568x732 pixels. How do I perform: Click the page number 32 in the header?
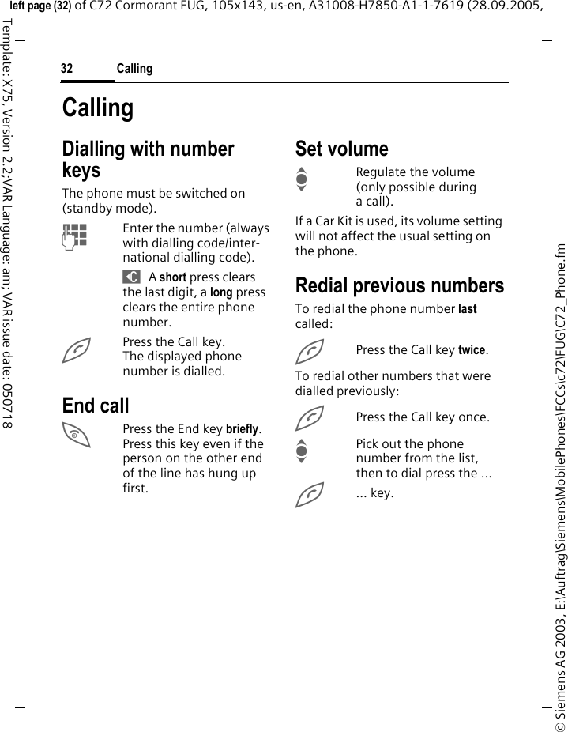(x=67, y=69)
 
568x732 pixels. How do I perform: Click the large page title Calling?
(x=98, y=108)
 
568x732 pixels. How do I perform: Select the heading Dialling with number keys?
(x=148, y=159)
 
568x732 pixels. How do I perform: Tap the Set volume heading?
(x=342, y=149)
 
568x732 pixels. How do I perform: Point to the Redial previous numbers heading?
(x=400, y=285)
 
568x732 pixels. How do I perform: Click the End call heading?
(x=96, y=406)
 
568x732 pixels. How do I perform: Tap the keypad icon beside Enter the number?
(x=76, y=233)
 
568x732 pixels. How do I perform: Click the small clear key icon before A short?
(x=131, y=277)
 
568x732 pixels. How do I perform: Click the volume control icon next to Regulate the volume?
(x=301, y=180)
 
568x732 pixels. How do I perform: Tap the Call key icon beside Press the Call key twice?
(x=310, y=349)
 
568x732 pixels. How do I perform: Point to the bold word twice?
(x=472, y=349)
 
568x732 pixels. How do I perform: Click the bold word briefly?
(x=243, y=429)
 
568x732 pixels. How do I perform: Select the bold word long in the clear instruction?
(x=221, y=292)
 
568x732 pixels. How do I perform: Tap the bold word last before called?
(x=468, y=309)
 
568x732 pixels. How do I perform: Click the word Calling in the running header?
(x=134, y=69)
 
